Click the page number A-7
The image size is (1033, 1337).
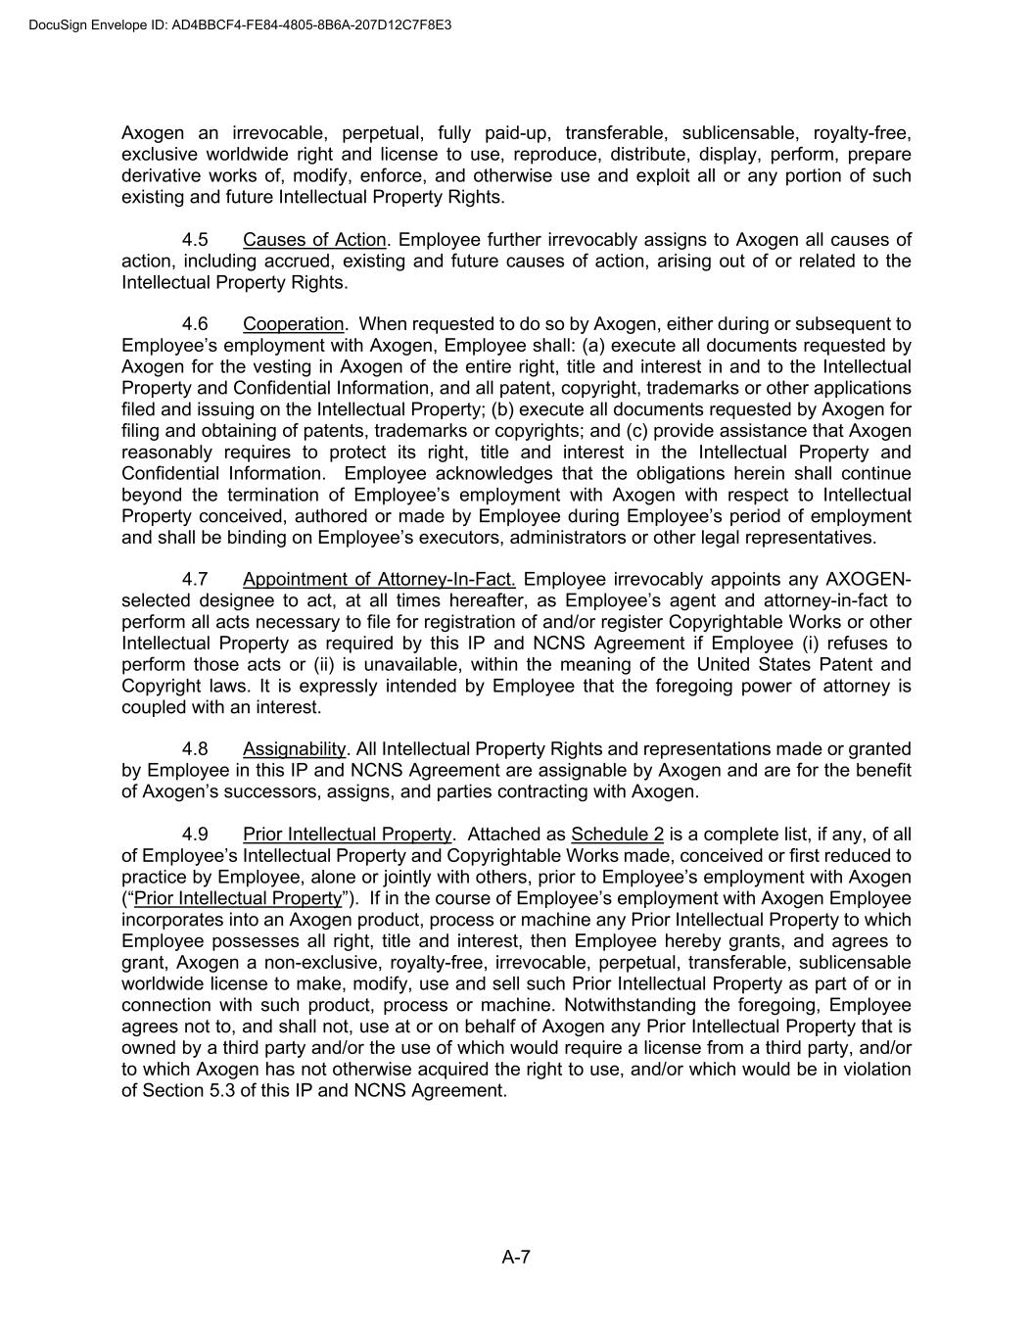(516, 1258)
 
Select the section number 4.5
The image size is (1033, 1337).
(195, 240)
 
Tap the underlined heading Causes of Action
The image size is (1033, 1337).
(314, 240)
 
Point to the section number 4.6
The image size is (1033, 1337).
(195, 324)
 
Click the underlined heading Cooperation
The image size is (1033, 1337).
(294, 324)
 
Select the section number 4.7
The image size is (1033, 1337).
(195, 579)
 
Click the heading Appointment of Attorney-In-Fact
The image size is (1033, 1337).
(379, 579)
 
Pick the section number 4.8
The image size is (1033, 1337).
(195, 749)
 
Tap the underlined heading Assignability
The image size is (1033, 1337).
(294, 749)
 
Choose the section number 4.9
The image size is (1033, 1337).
(195, 835)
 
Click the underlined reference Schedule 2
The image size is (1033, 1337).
(617, 835)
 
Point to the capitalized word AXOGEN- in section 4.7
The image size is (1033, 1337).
(869, 579)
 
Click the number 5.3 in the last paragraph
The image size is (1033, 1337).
(219, 1090)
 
